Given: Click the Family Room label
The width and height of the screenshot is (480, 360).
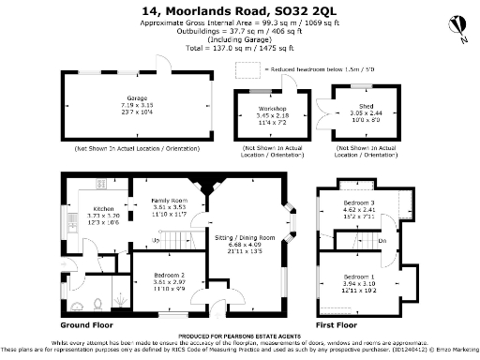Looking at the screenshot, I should click(170, 202).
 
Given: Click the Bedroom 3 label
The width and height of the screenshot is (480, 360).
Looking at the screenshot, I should click(358, 203).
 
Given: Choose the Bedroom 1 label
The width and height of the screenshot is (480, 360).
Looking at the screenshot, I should click(358, 277).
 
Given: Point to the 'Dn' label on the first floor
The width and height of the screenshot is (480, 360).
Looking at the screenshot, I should click(381, 242).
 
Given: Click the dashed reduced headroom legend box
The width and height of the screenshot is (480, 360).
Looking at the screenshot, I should click(247, 69).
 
